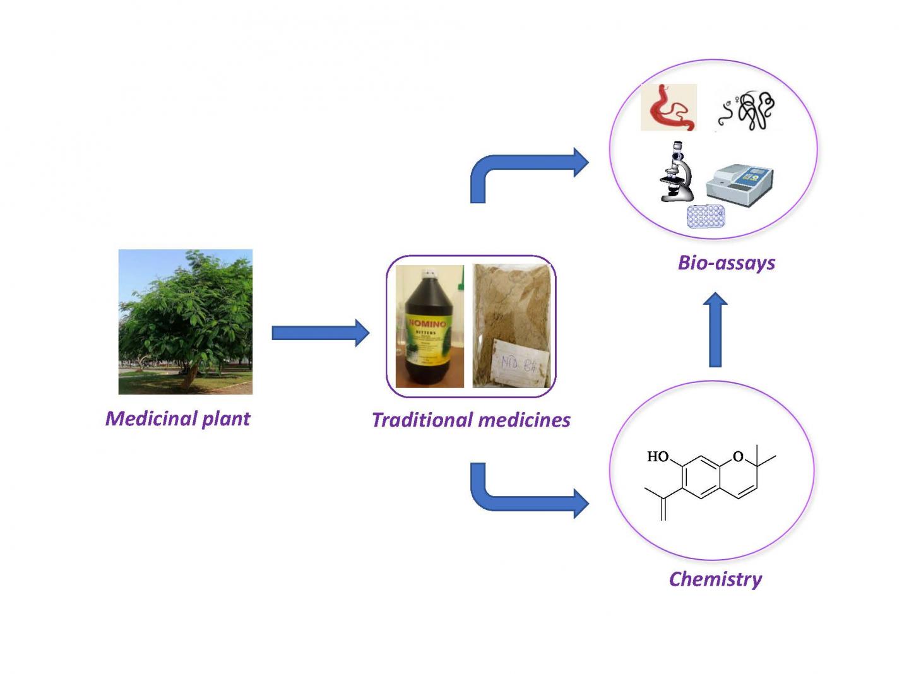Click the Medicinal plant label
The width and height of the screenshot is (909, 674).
coord(177,418)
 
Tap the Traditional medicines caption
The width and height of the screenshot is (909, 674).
coord(471,420)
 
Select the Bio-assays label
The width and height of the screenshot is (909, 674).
coord(726,263)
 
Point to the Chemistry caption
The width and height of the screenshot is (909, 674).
coord(715,579)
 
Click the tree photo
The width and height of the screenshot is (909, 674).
coord(186,322)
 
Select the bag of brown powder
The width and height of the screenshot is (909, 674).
coord(512,325)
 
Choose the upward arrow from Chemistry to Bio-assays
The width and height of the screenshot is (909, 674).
coord(715,329)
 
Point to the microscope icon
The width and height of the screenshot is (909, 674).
coord(675,172)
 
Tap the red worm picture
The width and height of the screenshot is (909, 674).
coord(668,108)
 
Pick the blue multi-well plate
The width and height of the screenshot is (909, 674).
coord(706,216)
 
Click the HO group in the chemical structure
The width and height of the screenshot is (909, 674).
coord(658,456)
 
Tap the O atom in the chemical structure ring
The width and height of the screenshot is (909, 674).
coord(738,456)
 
